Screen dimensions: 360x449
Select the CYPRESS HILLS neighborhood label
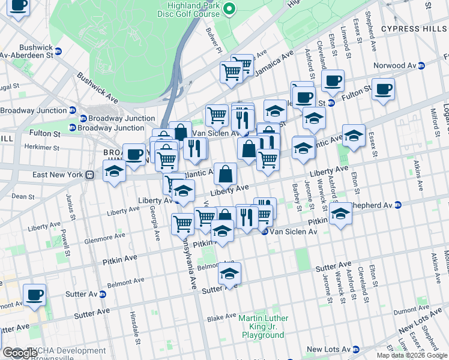pos(414,29)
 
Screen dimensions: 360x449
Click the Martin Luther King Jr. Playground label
pos(263,326)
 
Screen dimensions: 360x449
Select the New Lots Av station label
pos(328,349)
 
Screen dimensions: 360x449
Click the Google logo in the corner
pos(19,353)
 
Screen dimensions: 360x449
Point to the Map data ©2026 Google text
pos(411,355)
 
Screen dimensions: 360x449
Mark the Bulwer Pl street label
pos(214,39)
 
